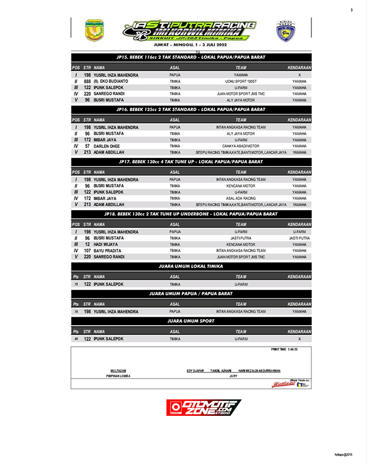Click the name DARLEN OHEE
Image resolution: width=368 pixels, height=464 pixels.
[x=106, y=146]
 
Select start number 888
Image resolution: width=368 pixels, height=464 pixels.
[x=87, y=81]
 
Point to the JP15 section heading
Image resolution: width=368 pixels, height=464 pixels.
[x=191, y=57]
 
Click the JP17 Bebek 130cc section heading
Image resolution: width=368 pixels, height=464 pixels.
[x=191, y=161]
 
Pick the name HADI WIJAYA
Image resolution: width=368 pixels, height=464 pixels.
[x=106, y=244]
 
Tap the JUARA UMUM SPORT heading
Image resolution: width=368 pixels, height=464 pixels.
[x=191, y=321]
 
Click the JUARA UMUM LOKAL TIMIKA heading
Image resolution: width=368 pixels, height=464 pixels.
[x=191, y=266]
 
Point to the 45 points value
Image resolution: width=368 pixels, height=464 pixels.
[x=76, y=339]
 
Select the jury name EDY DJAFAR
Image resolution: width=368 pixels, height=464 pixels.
[x=195, y=371]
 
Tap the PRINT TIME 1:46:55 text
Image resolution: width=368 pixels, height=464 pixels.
[x=284, y=350]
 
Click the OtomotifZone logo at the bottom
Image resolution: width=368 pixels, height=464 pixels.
[x=204, y=408]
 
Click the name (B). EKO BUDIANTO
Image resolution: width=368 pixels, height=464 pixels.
[x=113, y=81]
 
